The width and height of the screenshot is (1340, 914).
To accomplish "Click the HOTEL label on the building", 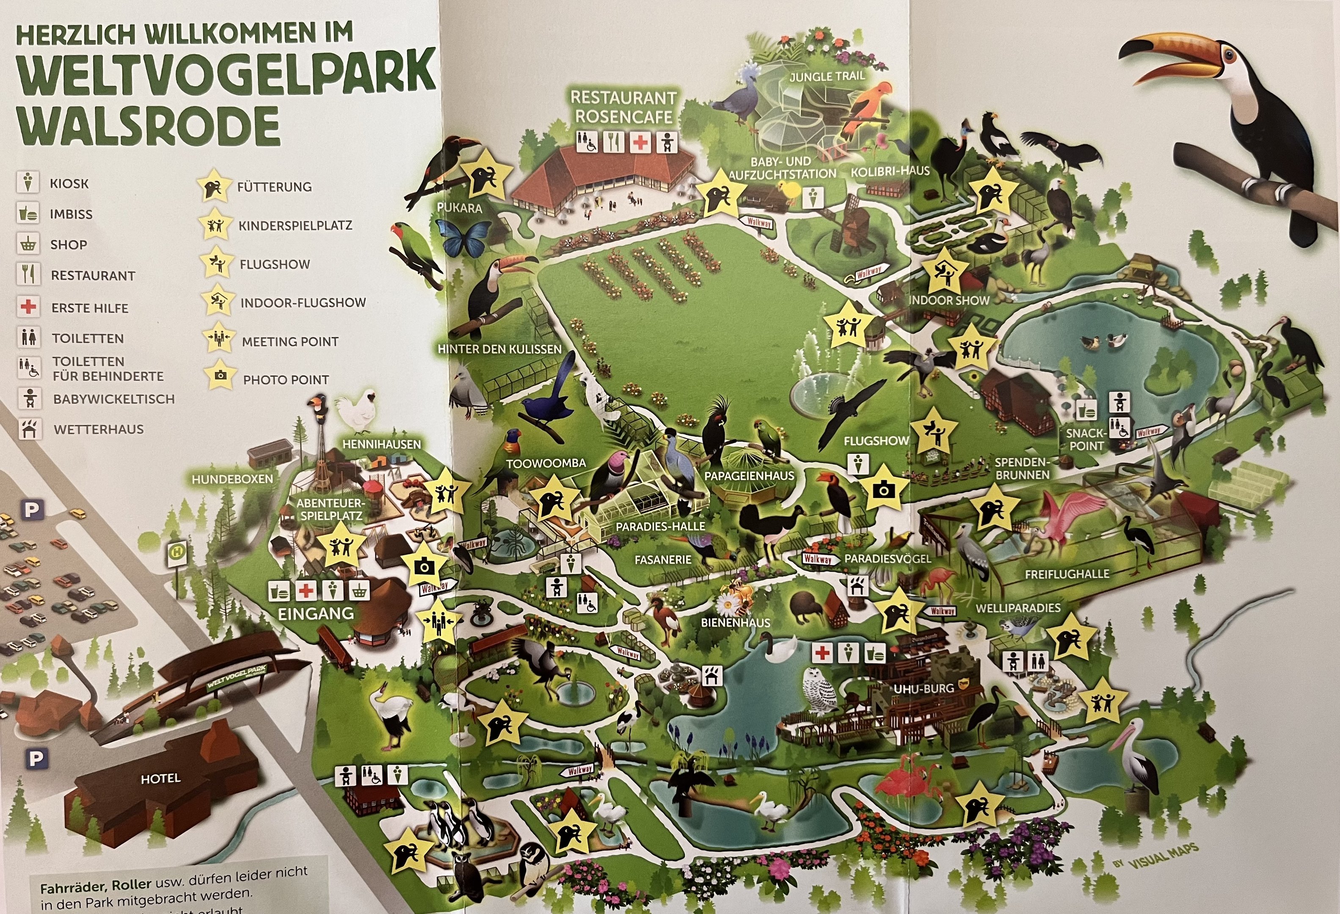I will pos(161,779).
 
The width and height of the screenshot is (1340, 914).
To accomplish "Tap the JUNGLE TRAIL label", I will pos(827,76).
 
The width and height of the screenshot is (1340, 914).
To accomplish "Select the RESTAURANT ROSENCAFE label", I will pos(623,107).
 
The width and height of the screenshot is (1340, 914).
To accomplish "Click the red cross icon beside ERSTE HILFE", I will pos(28,307).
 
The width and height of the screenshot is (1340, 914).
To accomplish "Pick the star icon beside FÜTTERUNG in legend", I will pos(213,186).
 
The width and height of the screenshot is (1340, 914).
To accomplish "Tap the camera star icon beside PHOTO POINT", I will pos(219,376).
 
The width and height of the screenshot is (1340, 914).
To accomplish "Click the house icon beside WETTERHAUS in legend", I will pos(29,429).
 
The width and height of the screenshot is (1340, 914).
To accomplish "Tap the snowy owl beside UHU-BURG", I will pos(819,691).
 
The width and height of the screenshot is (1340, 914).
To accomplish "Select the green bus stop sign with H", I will pos(176,551).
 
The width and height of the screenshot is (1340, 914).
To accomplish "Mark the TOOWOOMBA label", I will pos(546,463).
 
